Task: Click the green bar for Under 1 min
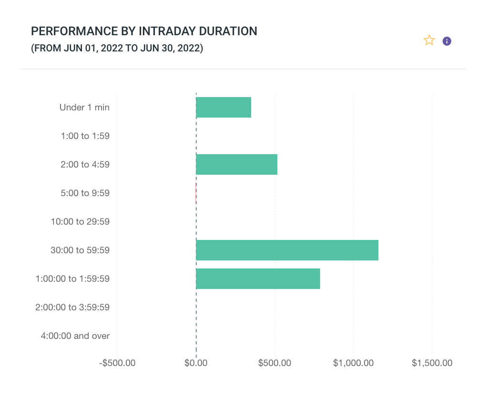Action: point(223,108)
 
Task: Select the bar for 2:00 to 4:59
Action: point(236,165)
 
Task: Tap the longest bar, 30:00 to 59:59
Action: point(287,250)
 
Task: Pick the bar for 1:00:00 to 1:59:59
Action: point(258,279)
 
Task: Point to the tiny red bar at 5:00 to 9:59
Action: point(196,193)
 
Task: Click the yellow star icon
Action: point(429,41)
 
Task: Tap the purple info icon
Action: point(447,41)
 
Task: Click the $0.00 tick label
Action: point(196,363)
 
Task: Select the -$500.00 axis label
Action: point(117,363)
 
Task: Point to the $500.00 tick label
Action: point(274,363)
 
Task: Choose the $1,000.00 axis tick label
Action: point(353,363)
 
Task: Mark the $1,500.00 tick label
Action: point(432,363)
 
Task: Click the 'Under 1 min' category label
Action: point(84,108)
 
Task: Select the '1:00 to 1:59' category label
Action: point(85,136)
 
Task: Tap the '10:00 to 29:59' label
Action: point(80,222)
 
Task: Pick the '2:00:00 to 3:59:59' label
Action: point(72,307)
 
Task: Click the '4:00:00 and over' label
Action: point(75,336)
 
